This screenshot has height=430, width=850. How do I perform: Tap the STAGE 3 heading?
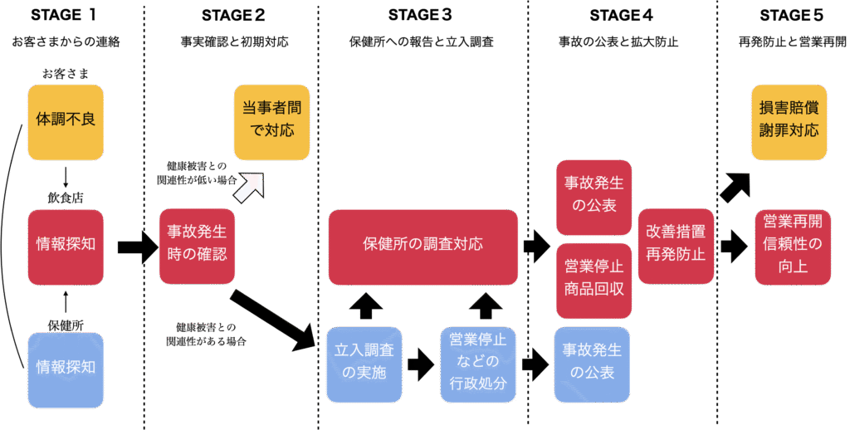420,15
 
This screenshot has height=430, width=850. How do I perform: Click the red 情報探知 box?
66,246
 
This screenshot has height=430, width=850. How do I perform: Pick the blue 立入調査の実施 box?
364,364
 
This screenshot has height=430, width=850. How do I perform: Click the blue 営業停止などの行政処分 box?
477,364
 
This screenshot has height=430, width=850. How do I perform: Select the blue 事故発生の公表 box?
593,364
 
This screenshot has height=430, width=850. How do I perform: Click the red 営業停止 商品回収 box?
593,281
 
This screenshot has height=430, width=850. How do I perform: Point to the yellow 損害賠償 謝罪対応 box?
789,121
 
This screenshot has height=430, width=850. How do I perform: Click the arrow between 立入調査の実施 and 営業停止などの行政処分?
421,364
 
